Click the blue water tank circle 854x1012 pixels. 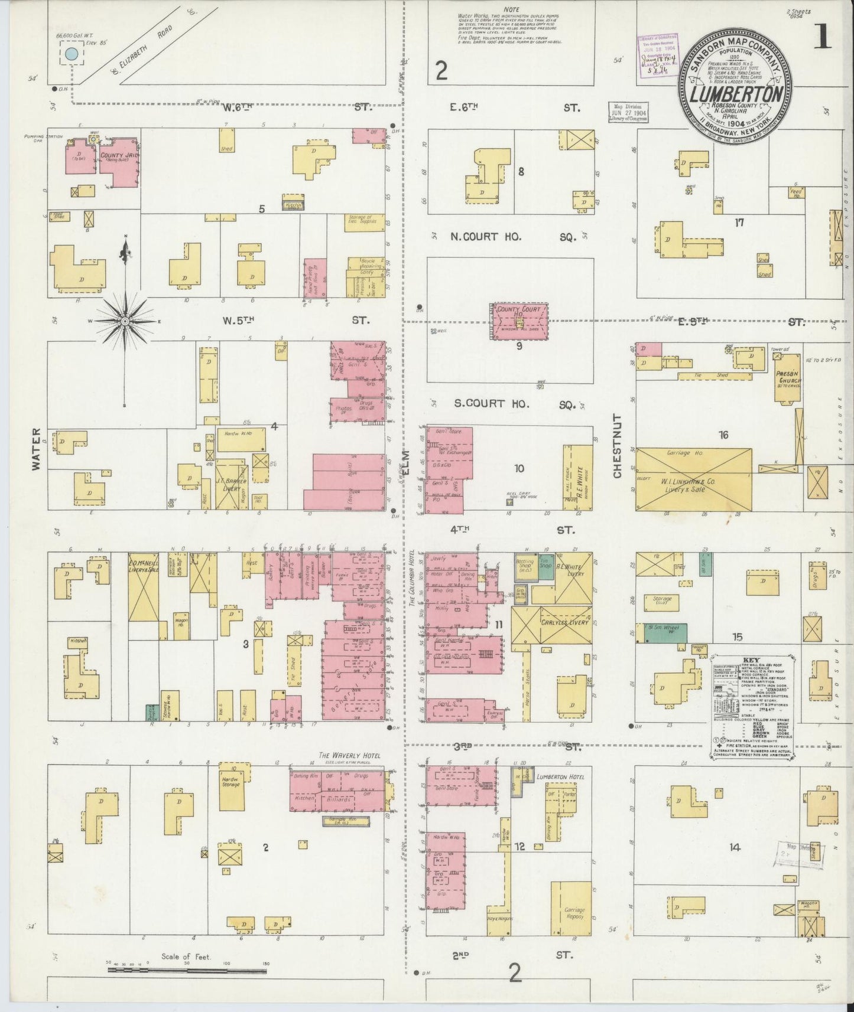point(72,54)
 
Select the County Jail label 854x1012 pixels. point(120,156)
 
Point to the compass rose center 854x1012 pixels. point(125,321)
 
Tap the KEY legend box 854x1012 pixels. point(751,707)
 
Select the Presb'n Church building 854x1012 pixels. point(788,380)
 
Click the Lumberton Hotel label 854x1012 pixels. point(560,777)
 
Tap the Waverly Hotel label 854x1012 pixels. point(349,755)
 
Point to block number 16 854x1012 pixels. point(723,435)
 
